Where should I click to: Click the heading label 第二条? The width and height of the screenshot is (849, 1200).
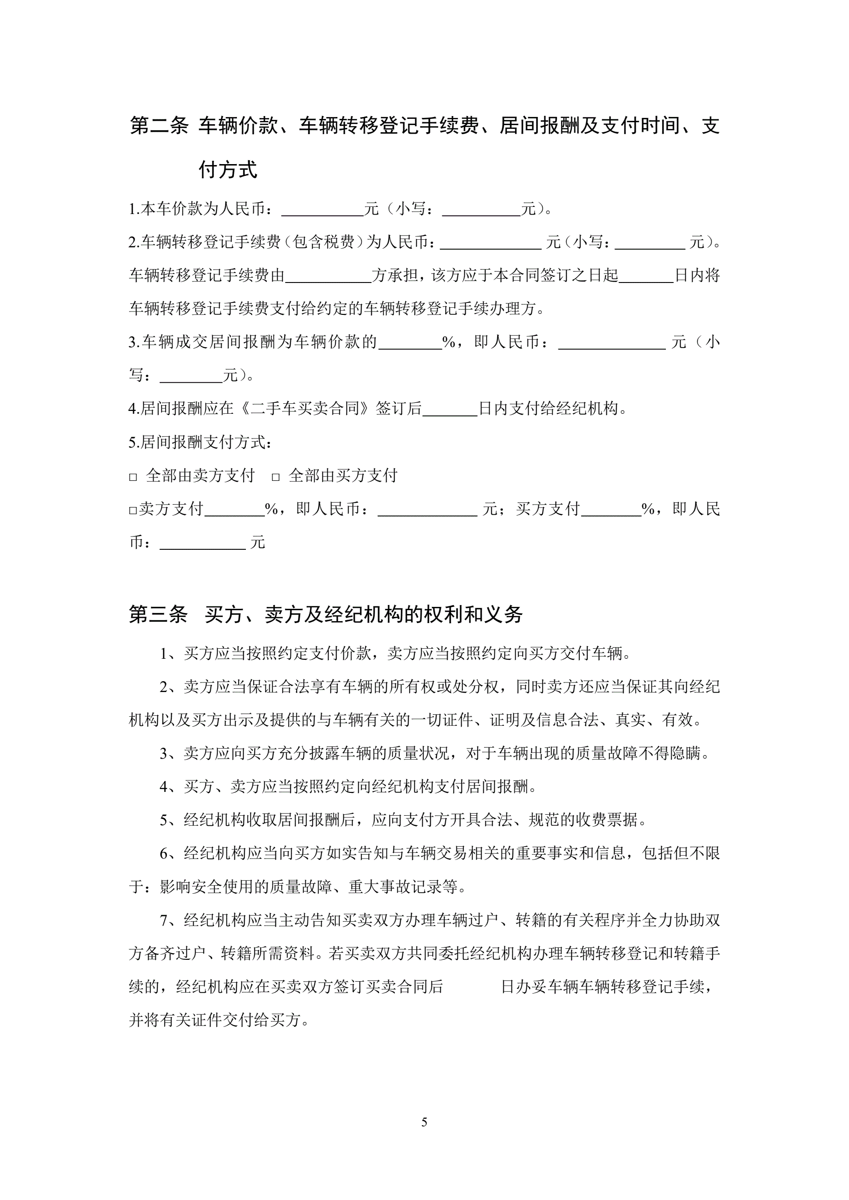point(158,126)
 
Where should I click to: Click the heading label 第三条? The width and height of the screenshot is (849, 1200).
point(158,615)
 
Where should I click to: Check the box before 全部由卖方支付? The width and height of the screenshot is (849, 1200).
point(133,477)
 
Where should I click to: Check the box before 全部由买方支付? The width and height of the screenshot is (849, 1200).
point(275,477)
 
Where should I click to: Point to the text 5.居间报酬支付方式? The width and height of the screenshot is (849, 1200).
point(200,443)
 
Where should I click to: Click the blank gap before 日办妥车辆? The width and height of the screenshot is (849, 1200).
point(471,987)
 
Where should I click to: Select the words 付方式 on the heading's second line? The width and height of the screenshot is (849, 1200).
point(228,170)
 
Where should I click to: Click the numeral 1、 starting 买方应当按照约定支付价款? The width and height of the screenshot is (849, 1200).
point(170,654)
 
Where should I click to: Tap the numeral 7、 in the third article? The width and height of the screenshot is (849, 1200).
point(170,920)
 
